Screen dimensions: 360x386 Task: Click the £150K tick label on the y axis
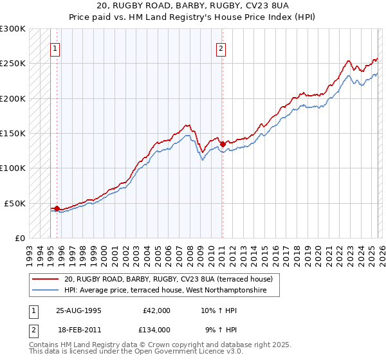point(13,133)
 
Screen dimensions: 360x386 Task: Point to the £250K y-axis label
point(13,64)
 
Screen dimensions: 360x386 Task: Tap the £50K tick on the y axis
point(15,203)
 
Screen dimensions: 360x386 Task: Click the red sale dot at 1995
point(57,208)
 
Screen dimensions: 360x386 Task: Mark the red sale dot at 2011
point(222,145)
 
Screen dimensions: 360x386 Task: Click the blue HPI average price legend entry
point(172,291)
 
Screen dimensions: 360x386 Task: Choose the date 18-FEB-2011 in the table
point(78,329)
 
